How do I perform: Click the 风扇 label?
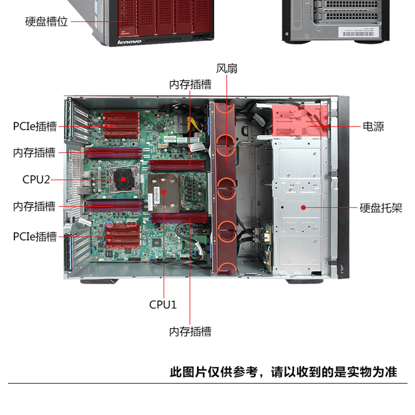click(x=227, y=68)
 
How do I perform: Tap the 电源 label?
click(x=373, y=127)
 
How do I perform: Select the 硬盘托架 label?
click(x=381, y=208)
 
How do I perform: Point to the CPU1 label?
click(x=163, y=305)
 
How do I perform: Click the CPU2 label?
click(x=36, y=179)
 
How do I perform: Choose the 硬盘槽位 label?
click(x=46, y=22)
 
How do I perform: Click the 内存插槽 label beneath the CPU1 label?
click(x=190, y=331)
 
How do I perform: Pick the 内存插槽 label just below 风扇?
click(x=190, y=85)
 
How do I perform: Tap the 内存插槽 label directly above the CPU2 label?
click(x=34, y=153)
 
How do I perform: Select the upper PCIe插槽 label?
click(x=35, y=126)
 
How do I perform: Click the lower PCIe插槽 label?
click(x=35, y=237)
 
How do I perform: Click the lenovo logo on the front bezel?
click(x=129, y=42)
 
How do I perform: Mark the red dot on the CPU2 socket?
click(x=123, y=179)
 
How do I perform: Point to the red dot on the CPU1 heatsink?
click(x=164, y=192)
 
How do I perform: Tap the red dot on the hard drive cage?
click(x=303, y=208)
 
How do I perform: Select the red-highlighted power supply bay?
click(x=300, y=120)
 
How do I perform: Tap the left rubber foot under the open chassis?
click(x=99, y=281)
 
